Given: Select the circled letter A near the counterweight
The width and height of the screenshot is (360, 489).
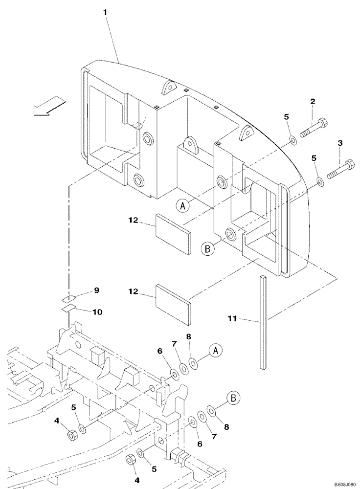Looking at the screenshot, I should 182,206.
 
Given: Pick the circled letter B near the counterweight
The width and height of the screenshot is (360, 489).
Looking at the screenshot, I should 207,249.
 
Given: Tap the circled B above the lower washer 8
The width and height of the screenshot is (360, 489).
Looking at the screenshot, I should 234,399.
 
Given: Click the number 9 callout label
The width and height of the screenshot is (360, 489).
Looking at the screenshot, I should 96,290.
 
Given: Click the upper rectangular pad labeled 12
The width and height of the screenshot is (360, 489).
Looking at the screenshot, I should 172,233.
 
